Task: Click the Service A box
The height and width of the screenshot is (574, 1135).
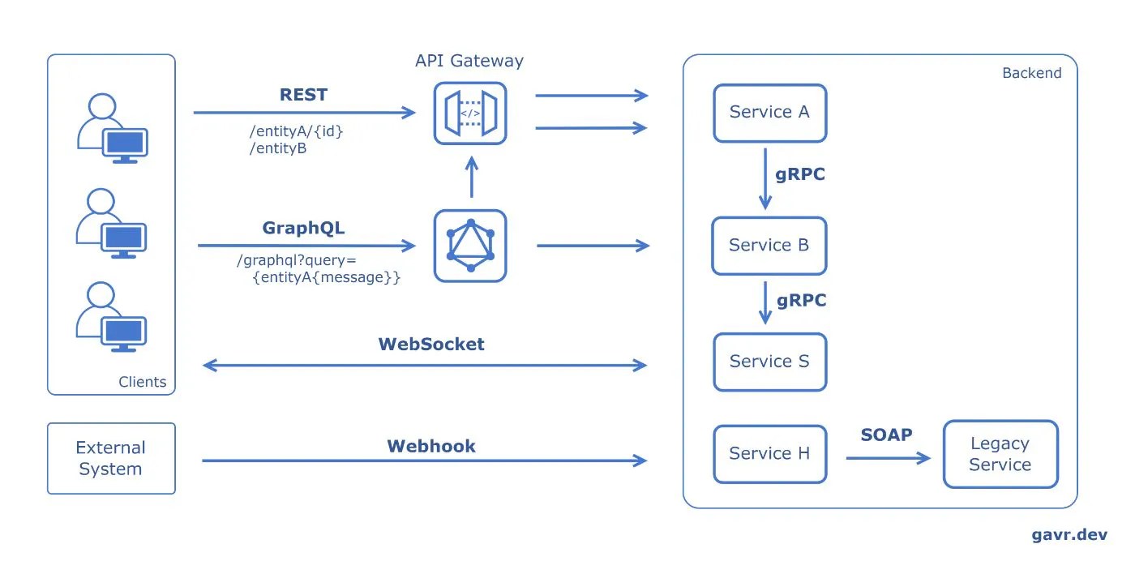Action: point(769,113)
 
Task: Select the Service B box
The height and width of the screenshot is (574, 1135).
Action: point(769,245)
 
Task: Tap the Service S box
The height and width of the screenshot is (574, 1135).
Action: point(769,362)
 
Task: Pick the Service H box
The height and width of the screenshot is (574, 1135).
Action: point(769,454)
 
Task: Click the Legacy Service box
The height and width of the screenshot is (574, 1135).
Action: point(1000,454)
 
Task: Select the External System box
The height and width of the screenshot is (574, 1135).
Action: point(111,458)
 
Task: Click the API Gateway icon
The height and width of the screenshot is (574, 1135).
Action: point(470,114)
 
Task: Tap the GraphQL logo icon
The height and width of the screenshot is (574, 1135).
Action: point(470,246)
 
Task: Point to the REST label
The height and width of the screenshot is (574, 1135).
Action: point(303,95)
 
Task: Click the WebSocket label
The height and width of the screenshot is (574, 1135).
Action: point(431,344)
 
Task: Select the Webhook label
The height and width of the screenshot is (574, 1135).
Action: point(431,446)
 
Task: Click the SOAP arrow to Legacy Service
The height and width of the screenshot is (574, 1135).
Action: point(888,459)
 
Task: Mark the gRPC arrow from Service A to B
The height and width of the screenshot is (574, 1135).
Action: point(765,178)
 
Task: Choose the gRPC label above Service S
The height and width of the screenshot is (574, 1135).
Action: point(802,301)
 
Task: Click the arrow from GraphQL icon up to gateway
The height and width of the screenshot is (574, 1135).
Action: point(471,178)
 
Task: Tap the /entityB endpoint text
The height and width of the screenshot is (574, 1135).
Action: point(277,148)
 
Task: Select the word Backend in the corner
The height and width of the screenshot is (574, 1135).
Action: point(1031,73)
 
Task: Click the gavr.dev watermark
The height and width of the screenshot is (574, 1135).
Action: point(1069,535)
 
